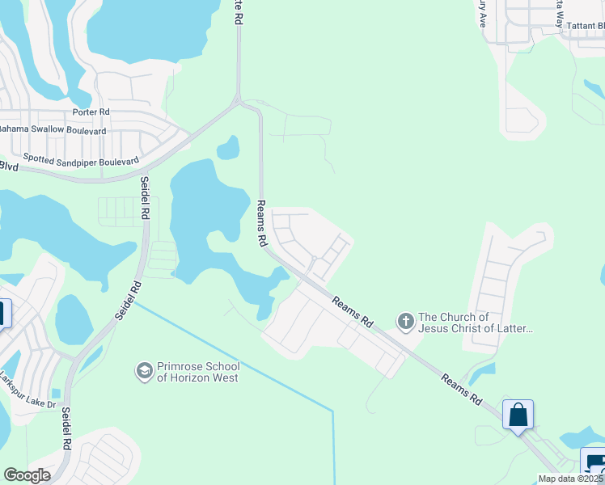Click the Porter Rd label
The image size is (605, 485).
coord(91,112)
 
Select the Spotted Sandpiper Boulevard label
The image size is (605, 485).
coord(81,160)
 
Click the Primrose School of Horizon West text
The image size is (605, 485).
coord(198,372)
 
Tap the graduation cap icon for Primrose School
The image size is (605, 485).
coord(144,371)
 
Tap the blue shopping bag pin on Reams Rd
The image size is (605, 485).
coord(518,415)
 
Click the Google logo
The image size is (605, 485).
coord(27,475)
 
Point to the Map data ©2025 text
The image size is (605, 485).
coord(571,479)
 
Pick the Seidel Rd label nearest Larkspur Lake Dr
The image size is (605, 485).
coord(66,428)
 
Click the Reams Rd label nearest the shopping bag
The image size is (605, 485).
coord(462,389)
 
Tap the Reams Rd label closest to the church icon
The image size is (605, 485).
coord(353,310)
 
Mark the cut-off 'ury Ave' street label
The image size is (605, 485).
coord(480,14)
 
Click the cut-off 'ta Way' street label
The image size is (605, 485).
coord(559,13)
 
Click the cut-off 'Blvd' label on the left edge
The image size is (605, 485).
coord(9,166)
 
